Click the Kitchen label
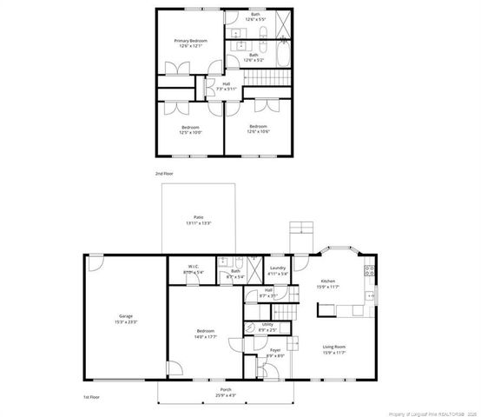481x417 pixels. pos(327,281)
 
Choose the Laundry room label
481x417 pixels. pos(278,268)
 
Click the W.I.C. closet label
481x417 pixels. pos(194,267)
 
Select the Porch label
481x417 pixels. pos(225,388)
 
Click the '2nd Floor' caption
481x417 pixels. pos(164,174)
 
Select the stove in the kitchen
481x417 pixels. pos(371,270)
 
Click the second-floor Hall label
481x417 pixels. pos(226,84)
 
